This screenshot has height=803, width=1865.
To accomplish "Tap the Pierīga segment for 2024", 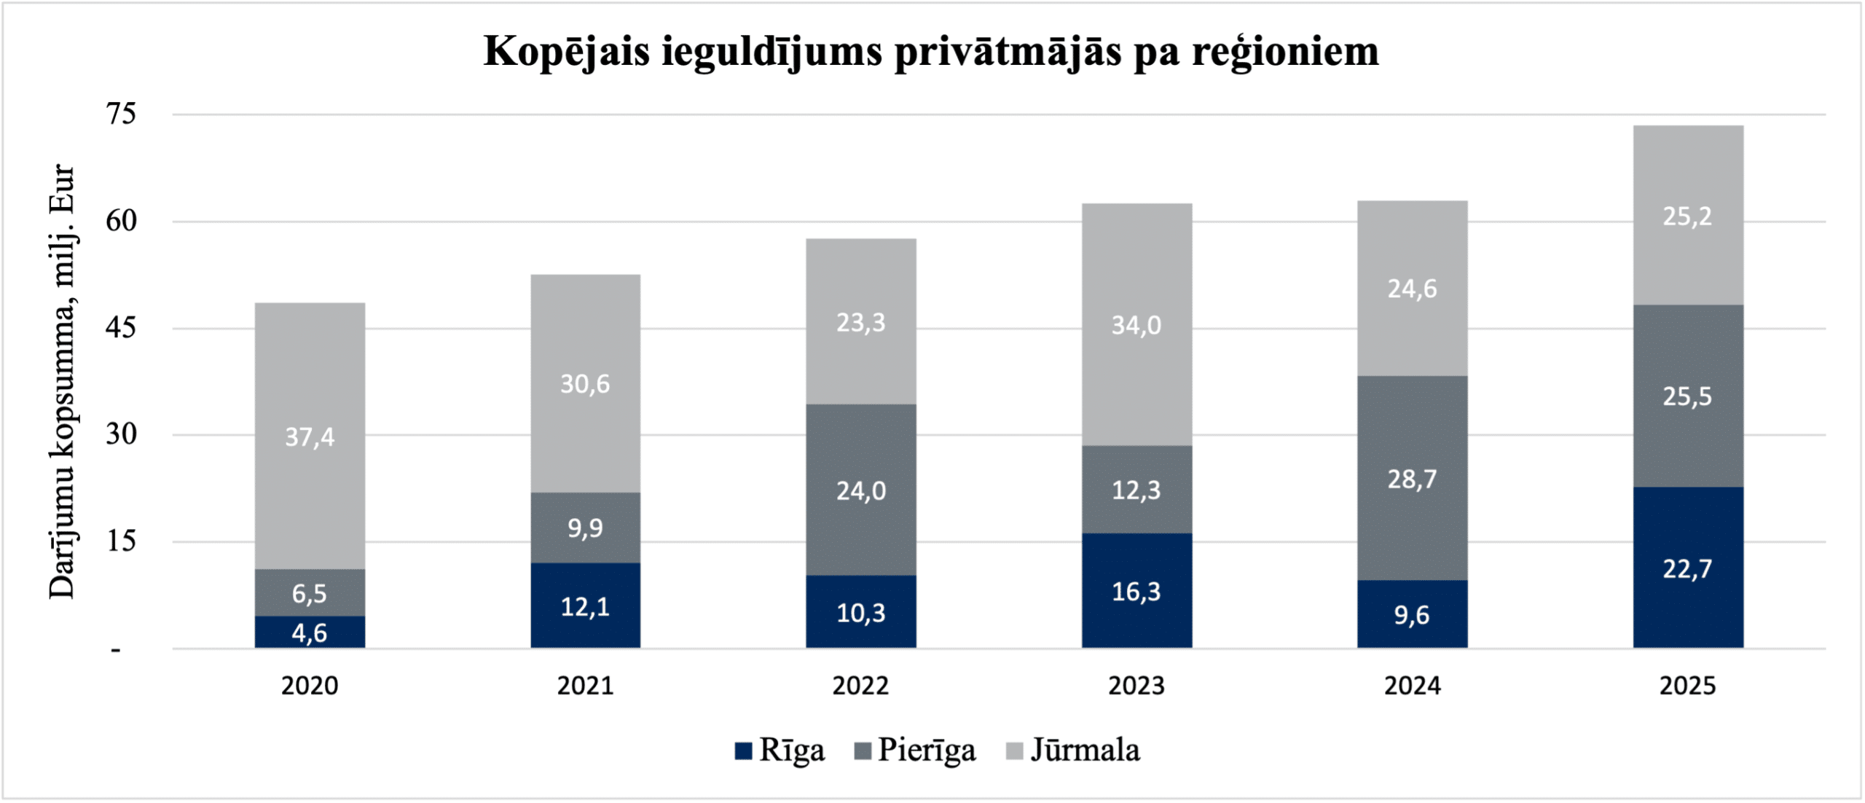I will [x=1412, y=478].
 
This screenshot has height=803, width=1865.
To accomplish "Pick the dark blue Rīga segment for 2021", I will [x=585, y=606].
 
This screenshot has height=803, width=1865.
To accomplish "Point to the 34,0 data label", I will [x=1136, y=325].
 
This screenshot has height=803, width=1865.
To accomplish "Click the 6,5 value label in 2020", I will [x=310, y=594].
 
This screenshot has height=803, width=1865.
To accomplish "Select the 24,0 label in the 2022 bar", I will [x=860, y=491].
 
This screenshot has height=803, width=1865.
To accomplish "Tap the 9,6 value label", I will [x=1412, y=615].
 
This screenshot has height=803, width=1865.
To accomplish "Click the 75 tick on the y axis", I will [x=121, y=114].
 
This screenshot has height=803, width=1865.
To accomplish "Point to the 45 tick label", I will [x=121, y=328].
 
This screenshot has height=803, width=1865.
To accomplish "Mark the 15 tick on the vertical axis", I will [x=121, y=541].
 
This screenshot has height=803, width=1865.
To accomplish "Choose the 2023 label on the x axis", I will [x=1136, y=686].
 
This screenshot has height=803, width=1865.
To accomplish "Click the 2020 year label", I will [x=310, y=686].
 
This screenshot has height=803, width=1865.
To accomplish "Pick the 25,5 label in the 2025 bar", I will [x=1688, y=396].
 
